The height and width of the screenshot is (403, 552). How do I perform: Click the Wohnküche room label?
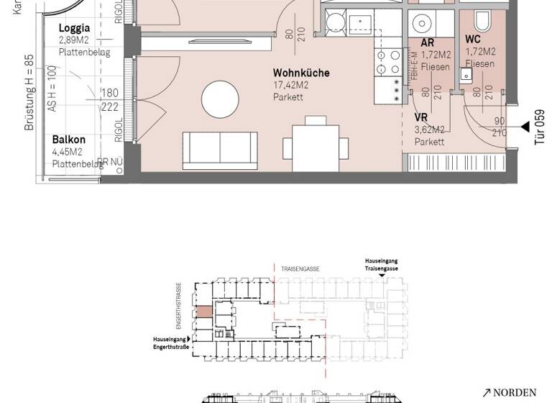(x=301, y=73)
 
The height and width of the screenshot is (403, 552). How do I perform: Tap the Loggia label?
(x=74, y=30)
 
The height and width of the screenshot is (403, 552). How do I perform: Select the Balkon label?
(x=69, y=140)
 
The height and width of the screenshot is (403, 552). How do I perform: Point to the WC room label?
(x=473, y=39)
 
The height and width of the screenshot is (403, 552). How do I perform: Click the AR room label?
(x=427, y=43)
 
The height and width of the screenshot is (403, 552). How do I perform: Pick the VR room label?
(x=422, y=118)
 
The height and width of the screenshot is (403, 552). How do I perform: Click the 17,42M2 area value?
(x=290, y=85)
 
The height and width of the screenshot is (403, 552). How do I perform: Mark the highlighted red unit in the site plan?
(x=204, y=312)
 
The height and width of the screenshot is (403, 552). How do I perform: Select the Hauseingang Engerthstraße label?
(x=170, y=343)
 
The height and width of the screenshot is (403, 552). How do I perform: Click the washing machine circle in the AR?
(x=420, y=24)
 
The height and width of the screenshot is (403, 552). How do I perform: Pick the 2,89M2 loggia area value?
(x=75, y=41)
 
